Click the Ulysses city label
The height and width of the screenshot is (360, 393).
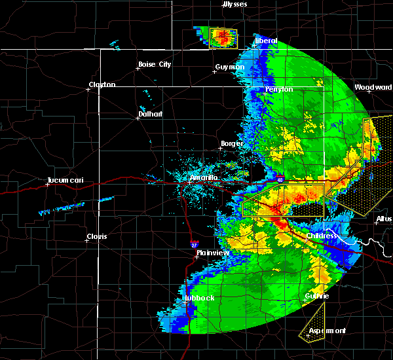236,5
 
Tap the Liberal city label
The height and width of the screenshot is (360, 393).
266,41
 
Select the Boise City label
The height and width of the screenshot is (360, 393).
154,64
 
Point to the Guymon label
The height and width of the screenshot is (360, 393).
230,67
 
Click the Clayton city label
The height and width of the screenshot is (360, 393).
102,84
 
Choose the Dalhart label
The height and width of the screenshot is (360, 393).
149,114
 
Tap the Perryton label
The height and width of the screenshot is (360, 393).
279,89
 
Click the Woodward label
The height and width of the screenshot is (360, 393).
373,87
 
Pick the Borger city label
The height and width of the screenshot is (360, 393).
232,143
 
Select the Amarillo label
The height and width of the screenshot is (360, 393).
203,178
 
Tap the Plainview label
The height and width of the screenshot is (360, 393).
212,253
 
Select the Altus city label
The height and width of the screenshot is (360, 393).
384,219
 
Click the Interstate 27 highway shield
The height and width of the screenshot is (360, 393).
194,243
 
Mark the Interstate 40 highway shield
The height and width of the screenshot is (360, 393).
279,179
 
